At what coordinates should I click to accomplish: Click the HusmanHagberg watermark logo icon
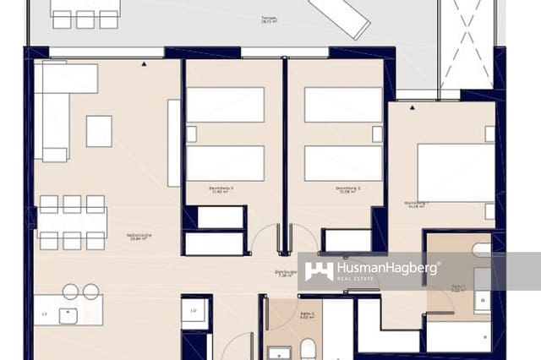[319, 270]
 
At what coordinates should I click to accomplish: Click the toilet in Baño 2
[309, 347]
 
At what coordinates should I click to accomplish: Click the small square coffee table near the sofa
[99, 131]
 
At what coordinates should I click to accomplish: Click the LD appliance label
[194, 312]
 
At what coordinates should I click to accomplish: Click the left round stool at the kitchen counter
[70, 292]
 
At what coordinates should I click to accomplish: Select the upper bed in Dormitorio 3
[225, 105]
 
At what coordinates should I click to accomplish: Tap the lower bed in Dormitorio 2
[343, 163]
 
